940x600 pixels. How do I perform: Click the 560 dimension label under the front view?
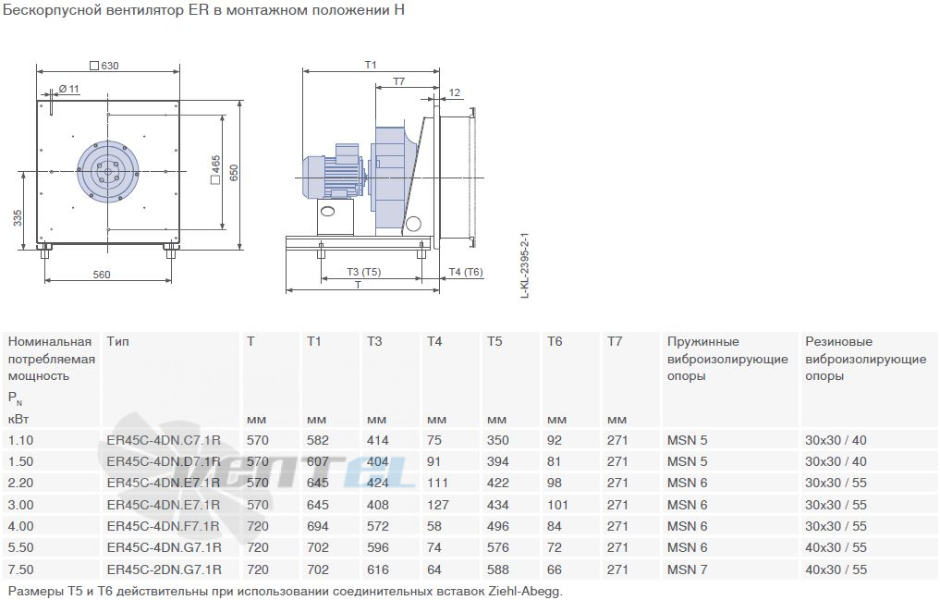102,274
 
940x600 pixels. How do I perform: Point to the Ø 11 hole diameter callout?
69,89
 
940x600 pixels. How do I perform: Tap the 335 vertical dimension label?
18,217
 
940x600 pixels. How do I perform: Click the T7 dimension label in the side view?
398,81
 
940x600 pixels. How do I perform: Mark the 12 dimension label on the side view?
455,92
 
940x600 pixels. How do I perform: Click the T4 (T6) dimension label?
466,272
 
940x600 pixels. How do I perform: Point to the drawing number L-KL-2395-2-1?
525,265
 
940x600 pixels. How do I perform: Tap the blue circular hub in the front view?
108,171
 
